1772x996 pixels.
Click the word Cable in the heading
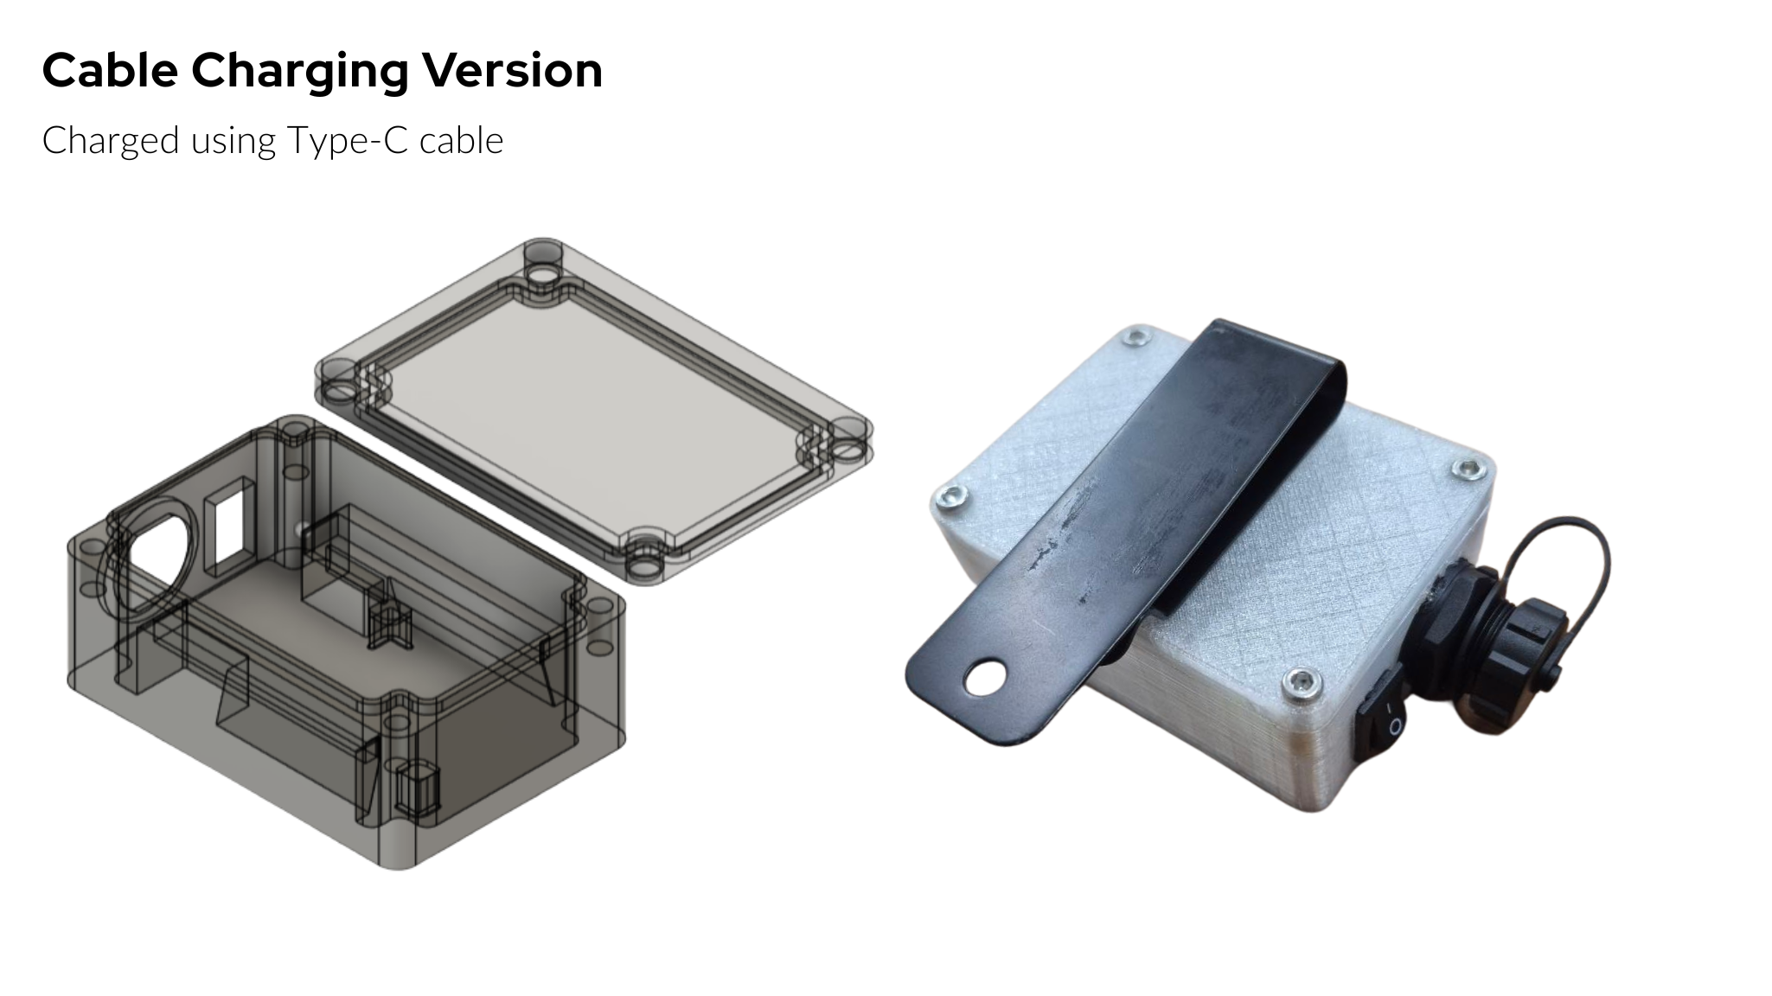tap(110, 70)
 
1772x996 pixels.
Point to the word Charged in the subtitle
tap(110, 141)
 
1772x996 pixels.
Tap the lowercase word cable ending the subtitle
tap(461, 140)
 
